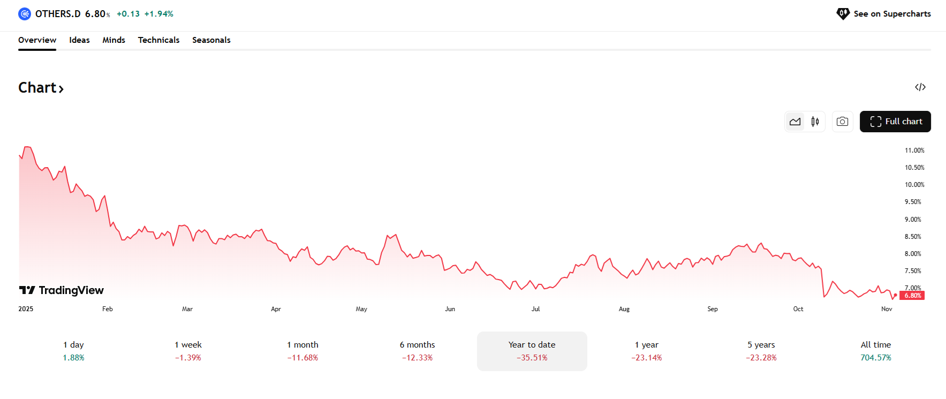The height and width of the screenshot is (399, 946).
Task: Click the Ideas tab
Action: [x=79, y=40]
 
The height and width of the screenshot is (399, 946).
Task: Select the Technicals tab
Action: [x=158, y=40]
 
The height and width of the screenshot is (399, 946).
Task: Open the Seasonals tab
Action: [x=211, y=40]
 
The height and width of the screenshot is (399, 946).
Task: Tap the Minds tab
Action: [x=113, y=40]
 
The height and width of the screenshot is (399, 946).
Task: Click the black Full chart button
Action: [x=895, y=122]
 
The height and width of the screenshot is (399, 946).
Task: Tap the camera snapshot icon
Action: [x=842, y=122]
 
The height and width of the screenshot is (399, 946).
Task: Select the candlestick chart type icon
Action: [x=815, y=122]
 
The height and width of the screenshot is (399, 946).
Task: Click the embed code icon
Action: [x=920, y=87]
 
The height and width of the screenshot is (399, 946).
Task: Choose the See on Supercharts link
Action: [x=884, y=14]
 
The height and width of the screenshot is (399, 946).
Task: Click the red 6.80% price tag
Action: [x=912, y=296]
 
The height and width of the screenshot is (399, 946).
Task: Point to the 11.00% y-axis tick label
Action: [x=914, y=150]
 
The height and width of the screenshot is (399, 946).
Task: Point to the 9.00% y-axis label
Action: [x=913, y=220]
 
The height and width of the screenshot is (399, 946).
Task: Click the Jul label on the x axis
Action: [x=535, y=309]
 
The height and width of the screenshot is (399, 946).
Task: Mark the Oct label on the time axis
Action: [x=798, y=309]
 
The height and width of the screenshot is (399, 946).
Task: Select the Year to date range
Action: [x=532, y=351]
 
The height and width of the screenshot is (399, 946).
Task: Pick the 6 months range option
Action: [x=417, y=351]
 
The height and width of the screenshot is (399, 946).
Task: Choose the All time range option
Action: [x=875, y=351]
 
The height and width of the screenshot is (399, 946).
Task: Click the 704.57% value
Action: [x=875, y=358]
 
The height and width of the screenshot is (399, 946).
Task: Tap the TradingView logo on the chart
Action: [x=62, y=290]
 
